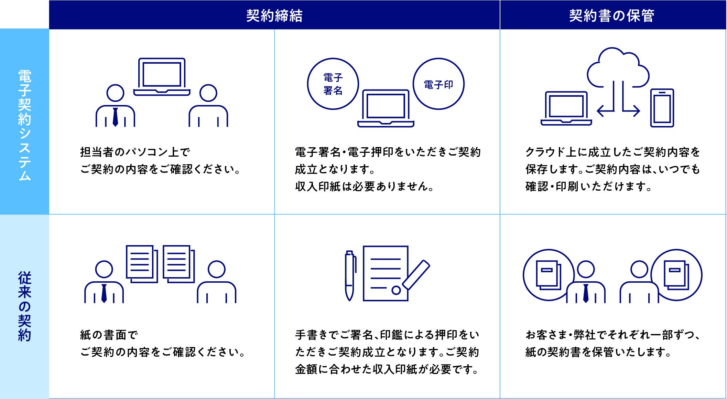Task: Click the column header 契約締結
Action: [x=274, y=15]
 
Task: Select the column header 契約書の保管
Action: [x=611, y=15]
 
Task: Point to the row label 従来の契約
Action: [x=24, y=306]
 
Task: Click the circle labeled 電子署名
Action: [x=333, y=84]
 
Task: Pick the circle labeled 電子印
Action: [x=438, y=84]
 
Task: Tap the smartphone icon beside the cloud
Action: [x=662, y=108]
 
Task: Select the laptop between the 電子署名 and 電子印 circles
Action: [x=386, y=108]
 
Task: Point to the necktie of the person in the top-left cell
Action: [x=115, y=117]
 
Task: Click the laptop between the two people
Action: [x=162, y=77]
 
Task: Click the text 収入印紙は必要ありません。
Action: [x=364, y=187]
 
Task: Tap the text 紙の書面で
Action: [x=109, y=335]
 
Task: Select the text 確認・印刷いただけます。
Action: [x=588, y=187]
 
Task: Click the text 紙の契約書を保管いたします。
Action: [x=598, y=352]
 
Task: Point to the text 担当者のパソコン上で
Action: [x=135, y=152]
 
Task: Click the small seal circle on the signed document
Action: [x=396, y=290]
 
